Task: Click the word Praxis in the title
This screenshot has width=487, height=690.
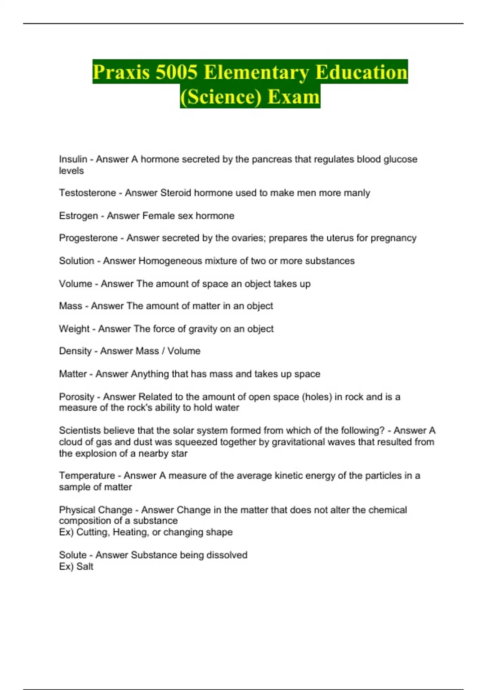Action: [x=121, y=72]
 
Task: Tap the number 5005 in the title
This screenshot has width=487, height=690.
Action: [x=176, y=72]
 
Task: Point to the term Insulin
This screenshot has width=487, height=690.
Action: [x=73, y=159]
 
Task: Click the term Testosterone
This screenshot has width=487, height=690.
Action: [x=88, y=193]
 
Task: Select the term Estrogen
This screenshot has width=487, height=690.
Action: [x=78, y=216]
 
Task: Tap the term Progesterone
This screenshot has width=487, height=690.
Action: [x=88, y=238]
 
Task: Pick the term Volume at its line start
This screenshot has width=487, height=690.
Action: [x=75, y=284]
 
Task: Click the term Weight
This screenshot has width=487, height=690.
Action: [x=74, y=329]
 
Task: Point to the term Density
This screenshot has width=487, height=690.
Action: [x=75, y=351]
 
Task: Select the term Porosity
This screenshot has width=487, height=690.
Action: [x=76, y=397]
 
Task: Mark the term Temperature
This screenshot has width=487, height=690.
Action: [x=87, y=475]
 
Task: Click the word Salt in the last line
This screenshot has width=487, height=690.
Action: [x=85, y=566]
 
